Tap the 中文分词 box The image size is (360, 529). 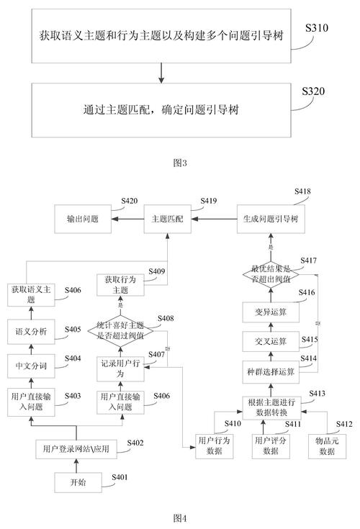click(x=31, y=366)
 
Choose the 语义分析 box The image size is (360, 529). click(x=31, y=332)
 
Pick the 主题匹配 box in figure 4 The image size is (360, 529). click(x=168, y=218)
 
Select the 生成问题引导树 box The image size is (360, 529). click(x=272, y=218)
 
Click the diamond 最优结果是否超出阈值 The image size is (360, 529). click(x=272, y=274)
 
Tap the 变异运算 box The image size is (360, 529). click(x=272, y=312)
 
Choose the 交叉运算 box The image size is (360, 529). click(x=272, y=340)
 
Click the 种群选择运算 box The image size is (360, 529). click(x=272, y=371)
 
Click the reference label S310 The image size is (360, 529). click(x=317, y=28)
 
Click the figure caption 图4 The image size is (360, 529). click(x=180, y=517)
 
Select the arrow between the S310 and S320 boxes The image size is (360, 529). click(x=161, y=71)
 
